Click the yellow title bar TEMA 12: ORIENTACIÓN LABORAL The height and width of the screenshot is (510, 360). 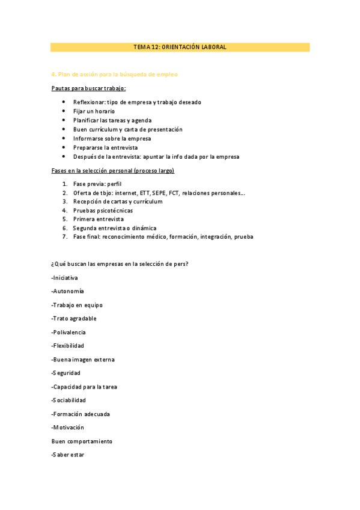click(x=180, y=47)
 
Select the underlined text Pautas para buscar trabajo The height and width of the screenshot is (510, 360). click(x=88, y=88)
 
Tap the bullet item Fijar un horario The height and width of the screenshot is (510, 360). click(x=94, y=111)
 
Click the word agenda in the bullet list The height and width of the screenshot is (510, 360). click(x=141, y=120)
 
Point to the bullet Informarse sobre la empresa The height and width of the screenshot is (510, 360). click(x=112, y=138)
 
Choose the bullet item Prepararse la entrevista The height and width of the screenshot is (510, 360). click(x=105, y=147)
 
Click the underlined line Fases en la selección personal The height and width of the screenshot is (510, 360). click(x=113, y=171)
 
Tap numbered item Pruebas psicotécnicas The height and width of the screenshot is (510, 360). click(x=103, y=210)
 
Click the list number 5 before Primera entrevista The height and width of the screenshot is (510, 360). click(x=64, y=220)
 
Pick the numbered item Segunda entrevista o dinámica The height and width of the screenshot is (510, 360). click(x=114, y=229)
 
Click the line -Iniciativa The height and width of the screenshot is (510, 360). click(x=65, y=278)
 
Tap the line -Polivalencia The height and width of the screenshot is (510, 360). click(x=69, y=332)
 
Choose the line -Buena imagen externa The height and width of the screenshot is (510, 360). click(x=83, y=360)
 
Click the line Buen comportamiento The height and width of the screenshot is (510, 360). click(x=82, y=441)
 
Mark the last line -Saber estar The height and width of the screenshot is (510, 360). click(x=68, y=455)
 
